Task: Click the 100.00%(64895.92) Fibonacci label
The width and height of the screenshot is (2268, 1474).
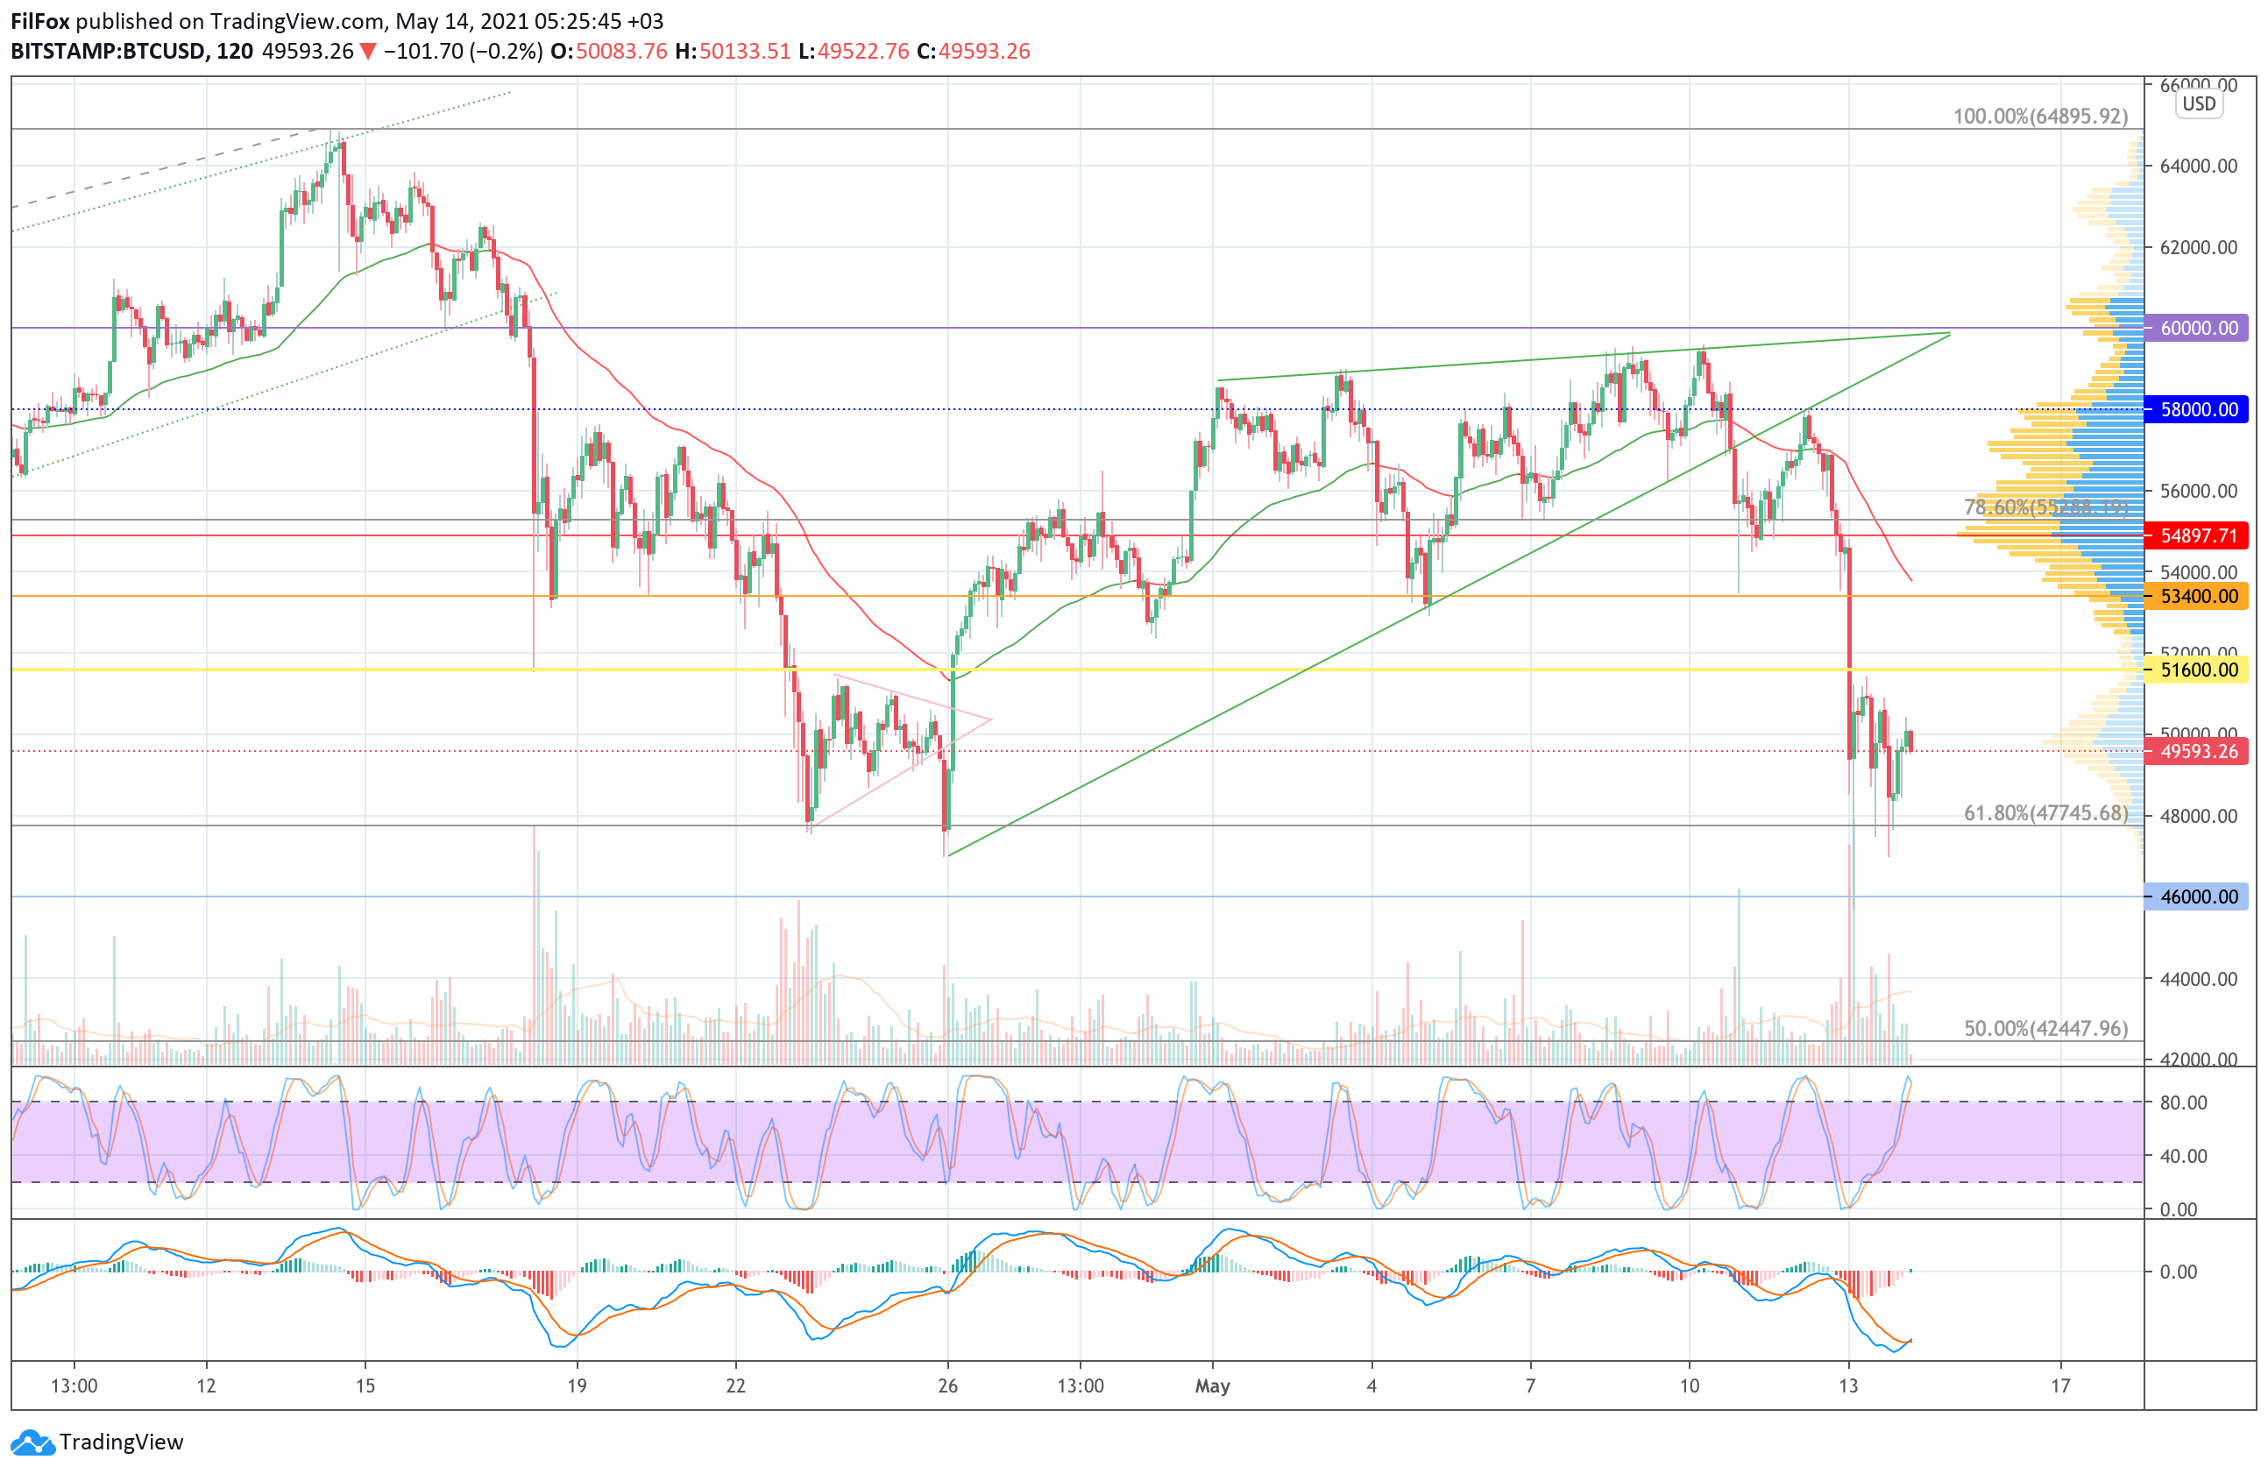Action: pos(2039,117)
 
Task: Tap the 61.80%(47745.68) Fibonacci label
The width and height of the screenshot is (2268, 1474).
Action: pos(2045,812)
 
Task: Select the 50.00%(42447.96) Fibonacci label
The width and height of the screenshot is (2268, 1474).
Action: pos(2045,1028)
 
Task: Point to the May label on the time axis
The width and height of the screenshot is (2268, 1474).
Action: pos(1212,1385)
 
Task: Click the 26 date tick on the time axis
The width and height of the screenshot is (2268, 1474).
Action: pos(947,1385)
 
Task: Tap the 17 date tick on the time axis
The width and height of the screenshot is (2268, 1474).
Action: pos(2060,1385)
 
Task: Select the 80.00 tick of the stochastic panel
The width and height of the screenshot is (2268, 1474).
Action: pos(2183,1102)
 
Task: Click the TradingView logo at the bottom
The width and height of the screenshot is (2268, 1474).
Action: pos(97,1442)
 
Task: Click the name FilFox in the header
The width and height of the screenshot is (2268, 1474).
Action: pos(40,21)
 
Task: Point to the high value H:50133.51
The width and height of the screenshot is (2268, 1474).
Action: pos(733,52)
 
